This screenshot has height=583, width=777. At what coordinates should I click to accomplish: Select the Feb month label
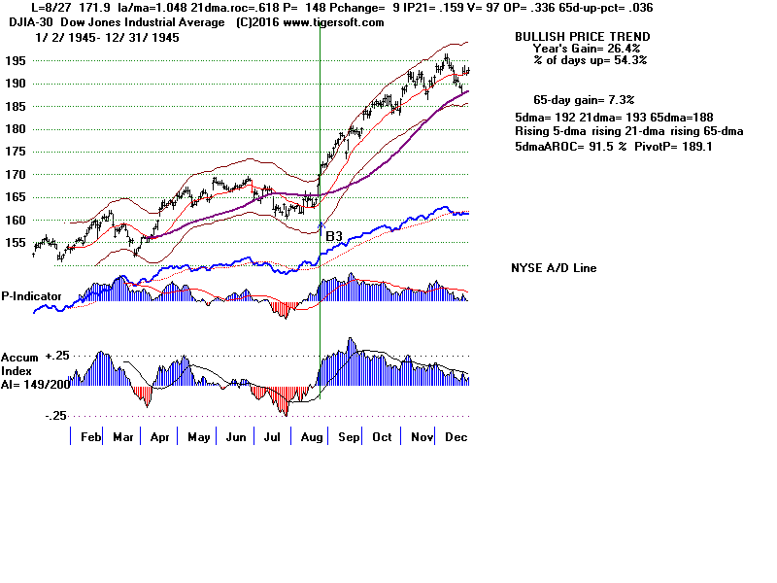[90, 437]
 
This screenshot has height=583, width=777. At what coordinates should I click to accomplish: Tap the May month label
[198, 437]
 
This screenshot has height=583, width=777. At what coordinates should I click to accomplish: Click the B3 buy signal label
[333, 236]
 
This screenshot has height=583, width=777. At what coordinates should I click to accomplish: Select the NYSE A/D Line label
[554, 268]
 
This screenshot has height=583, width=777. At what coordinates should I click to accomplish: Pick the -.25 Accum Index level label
[55, 415]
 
